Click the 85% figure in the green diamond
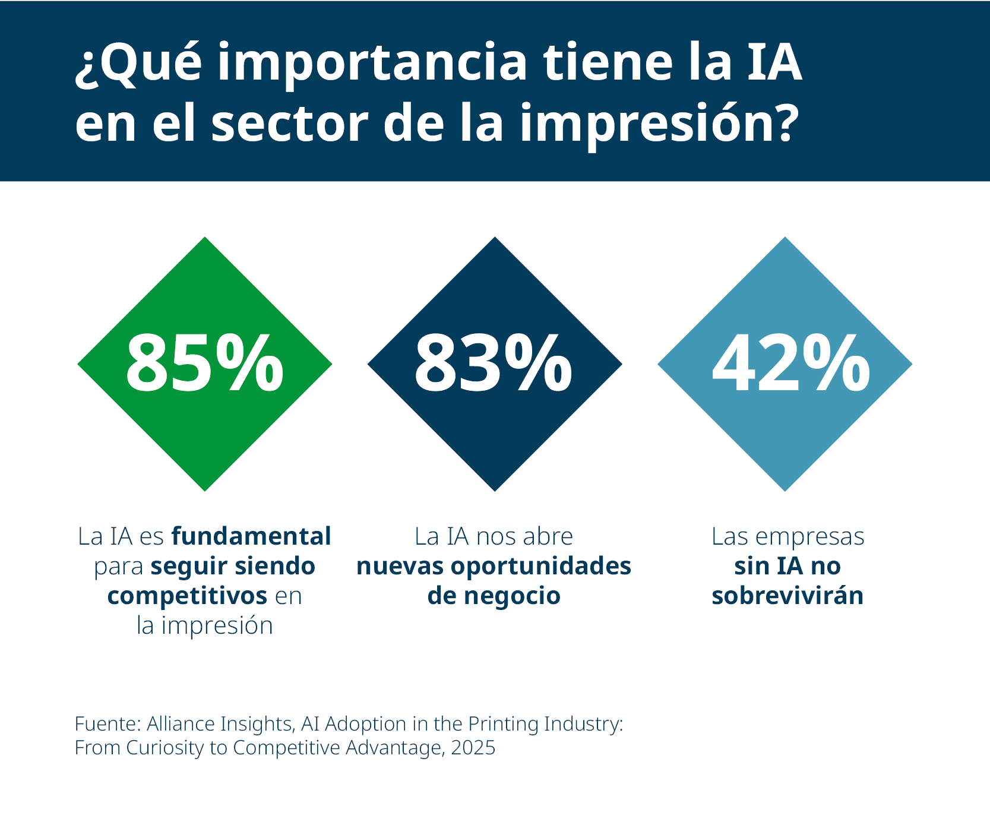(204, 363)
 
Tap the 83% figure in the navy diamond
(494, 363)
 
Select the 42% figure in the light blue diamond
(790, 363)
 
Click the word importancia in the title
(372, 64)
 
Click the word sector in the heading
(290, 125)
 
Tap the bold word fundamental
(251, 536)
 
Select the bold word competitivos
(187, 596)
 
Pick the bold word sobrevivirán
(787, 596)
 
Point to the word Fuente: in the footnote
(107, 724)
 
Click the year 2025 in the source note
(473, 748)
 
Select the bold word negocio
(512, 596)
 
